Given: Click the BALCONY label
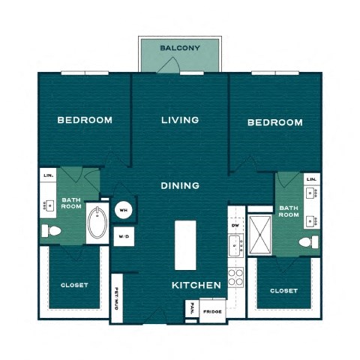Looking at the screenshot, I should pos(180,49).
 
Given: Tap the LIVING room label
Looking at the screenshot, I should pos(180,120).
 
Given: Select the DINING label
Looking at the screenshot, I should pos(180,185).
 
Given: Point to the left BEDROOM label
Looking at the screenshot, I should pos(85,120).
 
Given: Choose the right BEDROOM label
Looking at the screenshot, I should pos(275,122).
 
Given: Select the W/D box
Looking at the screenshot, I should pos(122,238).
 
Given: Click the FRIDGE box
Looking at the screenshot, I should pos(211,310).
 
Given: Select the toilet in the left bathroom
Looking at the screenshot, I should pos(52,230).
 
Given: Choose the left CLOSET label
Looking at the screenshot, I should pos(74,285).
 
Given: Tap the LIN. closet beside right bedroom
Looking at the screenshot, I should pos(311,180).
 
